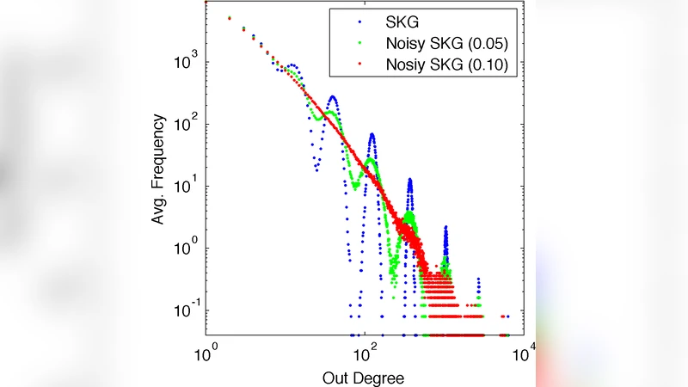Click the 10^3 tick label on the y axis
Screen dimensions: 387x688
point(187,62)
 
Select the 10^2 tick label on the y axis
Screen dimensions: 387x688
point(187,124)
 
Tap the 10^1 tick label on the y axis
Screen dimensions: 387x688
point(187,186)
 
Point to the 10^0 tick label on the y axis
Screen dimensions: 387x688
point(187,249)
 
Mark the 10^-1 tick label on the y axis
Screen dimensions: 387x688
point(185,310)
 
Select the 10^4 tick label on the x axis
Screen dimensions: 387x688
point(523,352)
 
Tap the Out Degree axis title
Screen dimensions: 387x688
point(363,377)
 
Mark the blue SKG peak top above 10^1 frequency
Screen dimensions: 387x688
point(410,180)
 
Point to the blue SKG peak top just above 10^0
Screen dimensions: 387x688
point(445,228)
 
